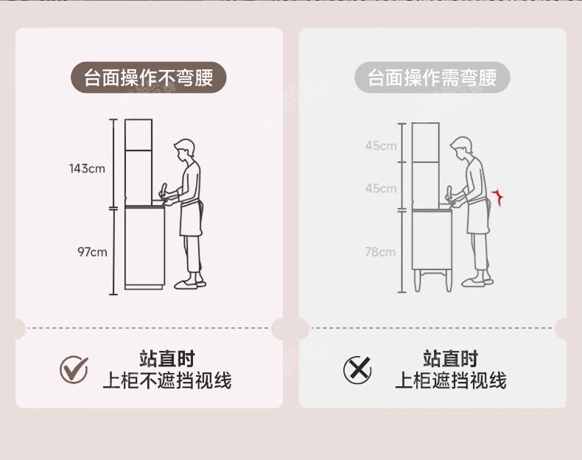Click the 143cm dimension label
coord(87,169)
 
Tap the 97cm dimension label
coord(92,252)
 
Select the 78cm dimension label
coord(380,252)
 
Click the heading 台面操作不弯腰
coord(148,78)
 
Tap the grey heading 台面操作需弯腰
coord(432,78)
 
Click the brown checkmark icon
coord(74,369)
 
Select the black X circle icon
coord(357,369)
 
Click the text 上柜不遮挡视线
coord(166,380)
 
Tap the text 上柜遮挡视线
coord(450,380)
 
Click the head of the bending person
coord(462,147)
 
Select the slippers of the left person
coord(189,282)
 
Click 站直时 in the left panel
coord(166,359)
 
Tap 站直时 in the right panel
coord(450,359)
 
